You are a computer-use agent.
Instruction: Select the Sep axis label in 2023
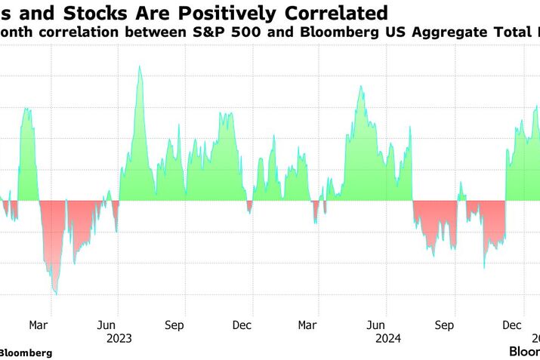[174, 325]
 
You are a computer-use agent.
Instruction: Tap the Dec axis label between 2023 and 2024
[242, 325]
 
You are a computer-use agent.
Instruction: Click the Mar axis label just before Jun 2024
[307, 325]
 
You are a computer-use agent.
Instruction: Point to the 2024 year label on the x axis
[387, 339]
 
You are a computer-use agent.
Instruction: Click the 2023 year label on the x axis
[119, 339]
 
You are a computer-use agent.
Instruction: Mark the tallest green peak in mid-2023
[139, 67]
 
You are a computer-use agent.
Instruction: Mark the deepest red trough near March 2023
[55, 294]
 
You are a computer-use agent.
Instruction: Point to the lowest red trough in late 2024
[484, 267]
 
